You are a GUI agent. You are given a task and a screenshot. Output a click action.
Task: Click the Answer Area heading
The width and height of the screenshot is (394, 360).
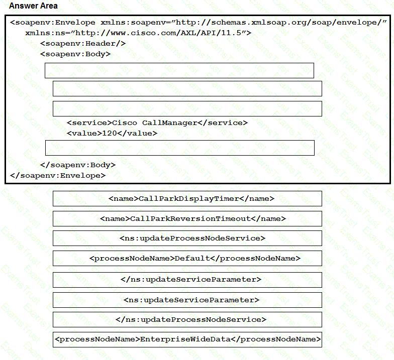click(33, 6)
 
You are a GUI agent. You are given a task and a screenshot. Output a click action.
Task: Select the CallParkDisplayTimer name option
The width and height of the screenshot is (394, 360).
click(187, 198)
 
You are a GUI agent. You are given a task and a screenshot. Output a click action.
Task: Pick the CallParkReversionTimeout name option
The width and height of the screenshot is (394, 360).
click(187, 218)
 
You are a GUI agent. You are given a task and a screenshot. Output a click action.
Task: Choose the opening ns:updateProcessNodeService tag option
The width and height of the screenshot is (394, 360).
click(187, 238)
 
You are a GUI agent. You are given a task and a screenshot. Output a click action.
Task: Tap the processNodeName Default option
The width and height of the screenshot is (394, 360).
click(187, 259)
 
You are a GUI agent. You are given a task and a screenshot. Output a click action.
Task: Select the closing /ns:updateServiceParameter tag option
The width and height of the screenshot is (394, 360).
click(187, 280)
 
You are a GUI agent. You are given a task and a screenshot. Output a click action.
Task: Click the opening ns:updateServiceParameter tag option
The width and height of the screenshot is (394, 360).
click(187, 300)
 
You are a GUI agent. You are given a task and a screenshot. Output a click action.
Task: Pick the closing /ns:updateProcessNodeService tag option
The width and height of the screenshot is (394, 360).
click(187, 320)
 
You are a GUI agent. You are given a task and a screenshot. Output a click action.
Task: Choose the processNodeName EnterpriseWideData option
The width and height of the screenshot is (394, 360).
click(187, 339)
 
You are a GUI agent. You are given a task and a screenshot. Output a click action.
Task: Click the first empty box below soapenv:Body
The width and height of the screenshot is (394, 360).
click(179, 70)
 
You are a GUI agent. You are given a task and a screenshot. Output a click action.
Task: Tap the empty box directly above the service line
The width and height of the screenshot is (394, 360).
click(187, 108)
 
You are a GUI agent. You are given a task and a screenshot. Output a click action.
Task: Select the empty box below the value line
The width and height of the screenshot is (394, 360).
click(179, 148)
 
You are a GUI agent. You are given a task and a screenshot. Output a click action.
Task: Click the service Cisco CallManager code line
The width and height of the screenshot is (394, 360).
click(157, 123)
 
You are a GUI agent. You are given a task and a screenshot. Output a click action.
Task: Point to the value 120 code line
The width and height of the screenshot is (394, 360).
click(112, 133)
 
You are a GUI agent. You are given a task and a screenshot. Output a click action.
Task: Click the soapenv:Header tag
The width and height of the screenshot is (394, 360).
click(83, 43)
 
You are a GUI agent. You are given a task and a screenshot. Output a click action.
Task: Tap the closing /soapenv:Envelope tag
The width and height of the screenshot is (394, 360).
click(58, 175)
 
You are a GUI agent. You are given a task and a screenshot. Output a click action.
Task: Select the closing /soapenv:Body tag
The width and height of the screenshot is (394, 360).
click(78, 165)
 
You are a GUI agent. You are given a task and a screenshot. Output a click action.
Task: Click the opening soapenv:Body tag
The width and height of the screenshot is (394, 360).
click(75, 54)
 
